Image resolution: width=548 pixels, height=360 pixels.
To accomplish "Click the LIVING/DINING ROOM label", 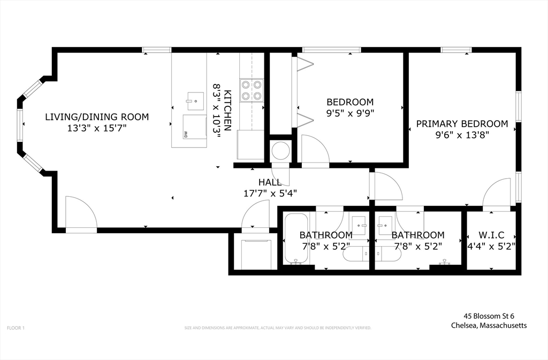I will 97,117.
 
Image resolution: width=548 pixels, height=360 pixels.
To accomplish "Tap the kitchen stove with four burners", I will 251,90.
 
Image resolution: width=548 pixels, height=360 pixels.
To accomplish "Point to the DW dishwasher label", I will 186,134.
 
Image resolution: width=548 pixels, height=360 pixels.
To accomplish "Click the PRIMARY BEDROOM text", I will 462,124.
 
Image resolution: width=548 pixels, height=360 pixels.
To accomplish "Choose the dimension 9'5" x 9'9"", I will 350,113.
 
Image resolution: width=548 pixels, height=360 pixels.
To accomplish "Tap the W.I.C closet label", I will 491,235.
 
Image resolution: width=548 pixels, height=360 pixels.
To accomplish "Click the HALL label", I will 270,182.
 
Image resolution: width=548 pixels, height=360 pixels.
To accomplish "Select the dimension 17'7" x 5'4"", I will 270,193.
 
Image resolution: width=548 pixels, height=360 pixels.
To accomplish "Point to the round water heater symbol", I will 280,151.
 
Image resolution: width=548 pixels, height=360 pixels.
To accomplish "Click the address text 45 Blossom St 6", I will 488,316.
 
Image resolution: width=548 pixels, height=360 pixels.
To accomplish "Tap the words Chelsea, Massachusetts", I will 488,325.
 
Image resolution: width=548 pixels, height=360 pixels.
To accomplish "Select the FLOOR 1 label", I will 16,327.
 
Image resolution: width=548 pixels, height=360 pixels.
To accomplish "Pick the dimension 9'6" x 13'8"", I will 462,135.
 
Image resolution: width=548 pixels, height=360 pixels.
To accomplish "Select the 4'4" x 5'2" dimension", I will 491,247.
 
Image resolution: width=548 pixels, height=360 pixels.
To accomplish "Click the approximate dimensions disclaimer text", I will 277,327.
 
